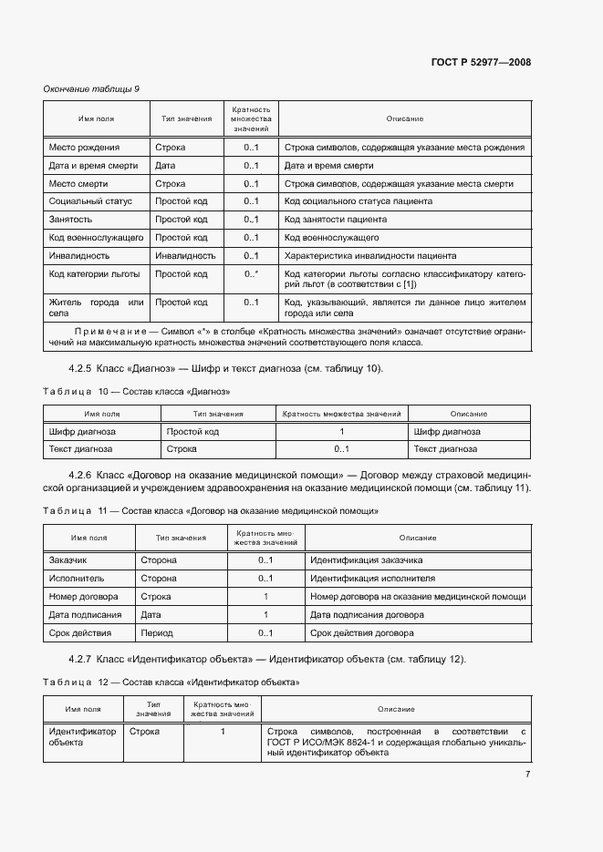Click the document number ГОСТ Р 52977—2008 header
[x=480, y=63]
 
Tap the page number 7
[x=527, y=775]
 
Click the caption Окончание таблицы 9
[x=91, y=88]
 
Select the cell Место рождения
[x=84, y=148]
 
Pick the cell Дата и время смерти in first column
[x=92, y=166]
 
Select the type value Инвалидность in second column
[x=185, y=256]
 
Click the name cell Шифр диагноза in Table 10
[x=81, y=432]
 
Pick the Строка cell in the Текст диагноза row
[x=180, y=449]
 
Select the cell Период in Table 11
[x=157, y=633]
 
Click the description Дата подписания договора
[x=367, y=615]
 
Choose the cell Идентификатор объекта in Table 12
[x=82, y=736]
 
